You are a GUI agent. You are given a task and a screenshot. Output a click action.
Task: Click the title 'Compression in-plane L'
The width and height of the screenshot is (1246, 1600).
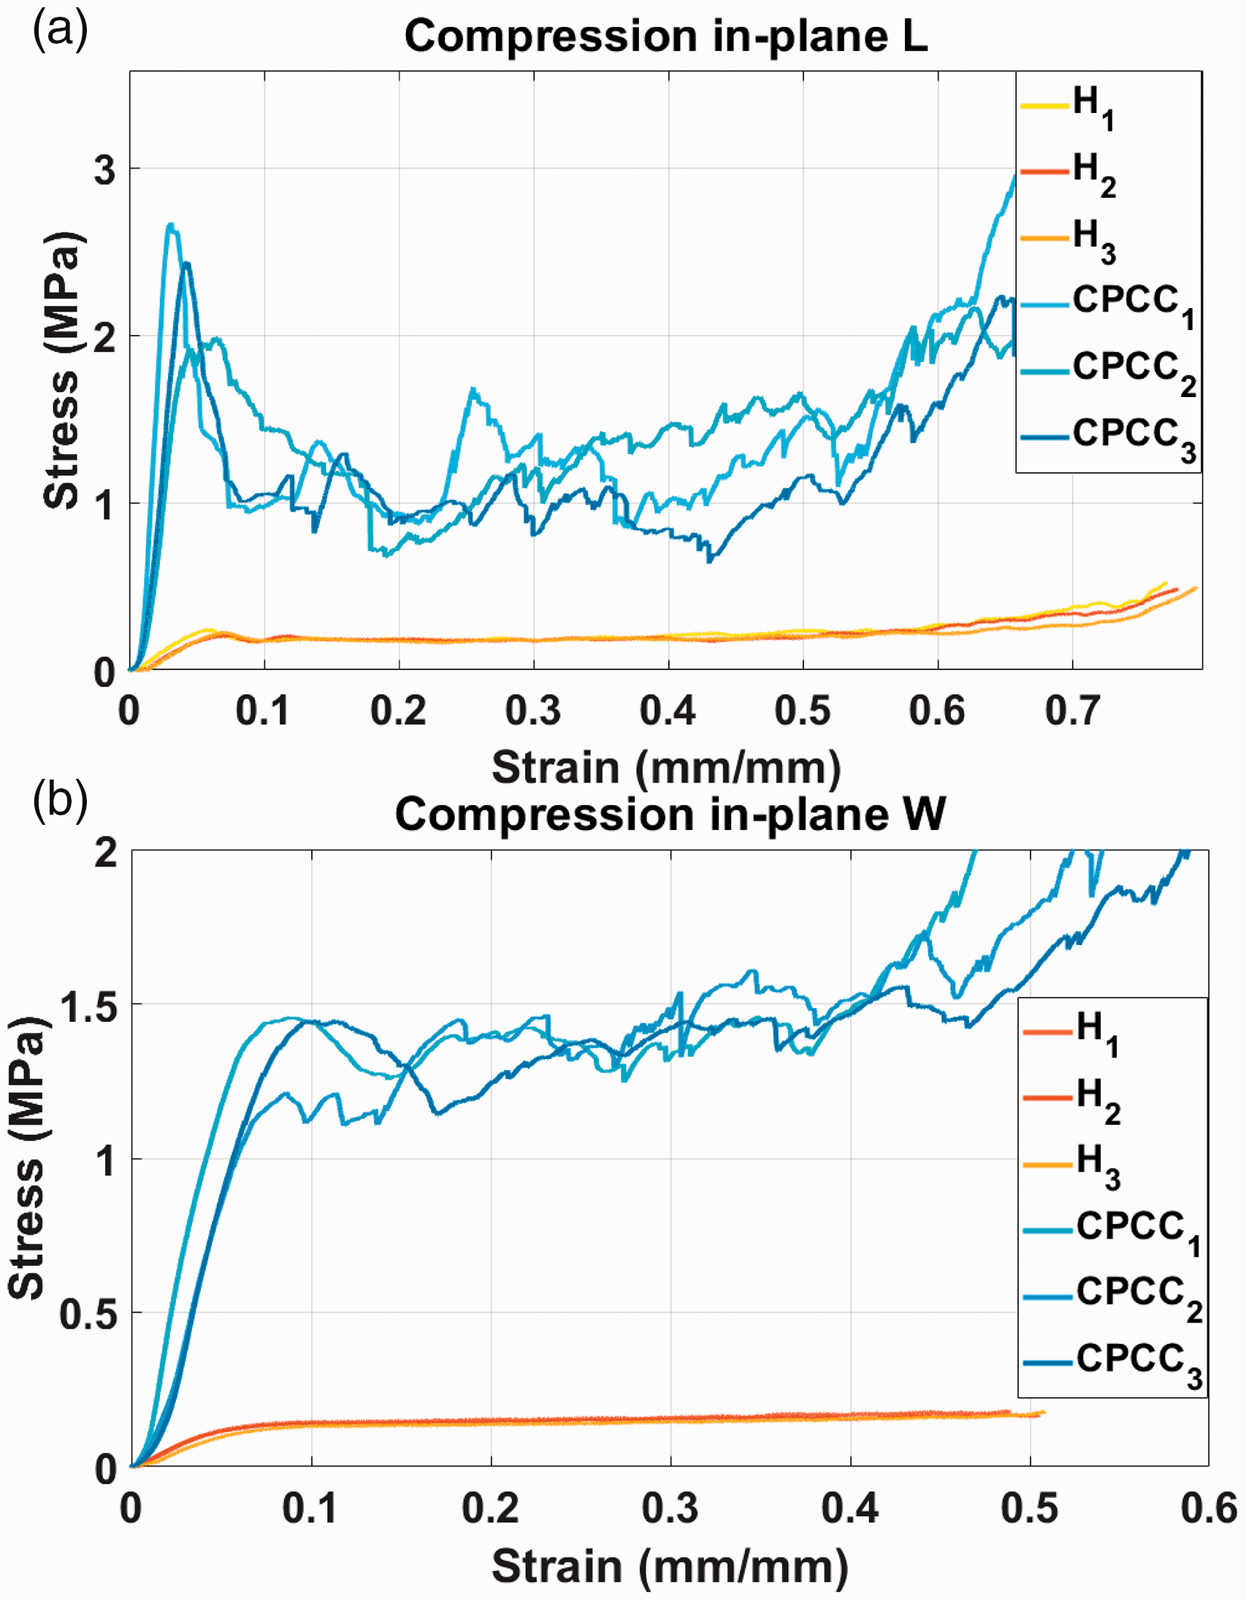(666, 36)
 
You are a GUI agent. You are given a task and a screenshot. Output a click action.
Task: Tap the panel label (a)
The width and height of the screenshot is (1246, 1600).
(60, 31)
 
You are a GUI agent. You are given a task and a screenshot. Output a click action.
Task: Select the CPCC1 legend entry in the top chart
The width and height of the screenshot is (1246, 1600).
(1107, 306)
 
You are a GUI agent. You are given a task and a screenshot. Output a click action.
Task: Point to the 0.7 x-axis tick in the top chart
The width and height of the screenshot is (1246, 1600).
(1072, 710)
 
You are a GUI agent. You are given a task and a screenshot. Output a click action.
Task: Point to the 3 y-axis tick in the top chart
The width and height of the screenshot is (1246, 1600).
(105, 169)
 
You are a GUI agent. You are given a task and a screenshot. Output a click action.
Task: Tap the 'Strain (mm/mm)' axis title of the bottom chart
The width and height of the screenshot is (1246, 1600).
(669, 1567)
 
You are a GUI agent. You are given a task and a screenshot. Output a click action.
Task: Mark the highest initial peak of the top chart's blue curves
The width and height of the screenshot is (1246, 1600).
(170, 224)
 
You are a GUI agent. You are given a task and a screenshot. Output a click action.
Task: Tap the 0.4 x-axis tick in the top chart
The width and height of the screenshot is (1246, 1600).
(668, 710)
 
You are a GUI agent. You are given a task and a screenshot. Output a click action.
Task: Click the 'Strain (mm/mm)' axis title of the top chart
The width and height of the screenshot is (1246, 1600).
(666, 767)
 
